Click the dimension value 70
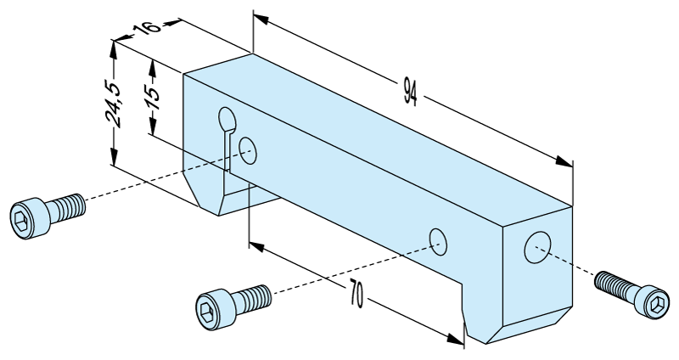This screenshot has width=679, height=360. pos(355,296)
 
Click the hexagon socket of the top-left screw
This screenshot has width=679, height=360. pos(25,217)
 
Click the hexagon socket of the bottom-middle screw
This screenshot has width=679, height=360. pos(210,307)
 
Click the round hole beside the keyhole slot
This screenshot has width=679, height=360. pos(249,149)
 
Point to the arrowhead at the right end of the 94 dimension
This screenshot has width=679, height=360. pos(566,161)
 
